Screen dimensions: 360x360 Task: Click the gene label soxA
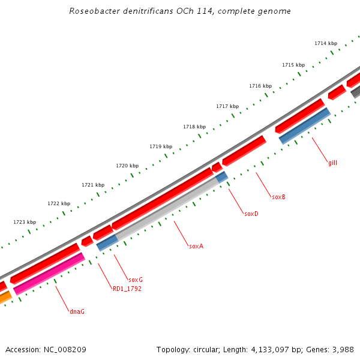[196, 246]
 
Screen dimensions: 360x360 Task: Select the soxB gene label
[278, 197]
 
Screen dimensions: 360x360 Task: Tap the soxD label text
[251, 214]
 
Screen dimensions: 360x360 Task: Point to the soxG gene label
[136, 280]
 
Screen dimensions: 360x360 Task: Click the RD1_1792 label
[127, 289]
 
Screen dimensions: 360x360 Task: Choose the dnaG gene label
[77, 311]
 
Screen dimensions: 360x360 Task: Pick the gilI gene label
[332, 163]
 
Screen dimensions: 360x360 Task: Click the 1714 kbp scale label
[326, 43]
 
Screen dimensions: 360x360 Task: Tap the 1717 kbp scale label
[227, 106]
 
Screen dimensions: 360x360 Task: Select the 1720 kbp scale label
[127, 166]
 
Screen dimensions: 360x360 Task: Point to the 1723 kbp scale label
[25, 222]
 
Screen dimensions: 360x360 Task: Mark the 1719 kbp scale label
[161, 146]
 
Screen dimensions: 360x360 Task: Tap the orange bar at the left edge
[5, 298]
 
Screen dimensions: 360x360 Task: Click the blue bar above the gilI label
[305, 126]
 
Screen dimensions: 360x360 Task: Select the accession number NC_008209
[64, 349]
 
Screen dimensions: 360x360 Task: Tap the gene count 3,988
[341, 349]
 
